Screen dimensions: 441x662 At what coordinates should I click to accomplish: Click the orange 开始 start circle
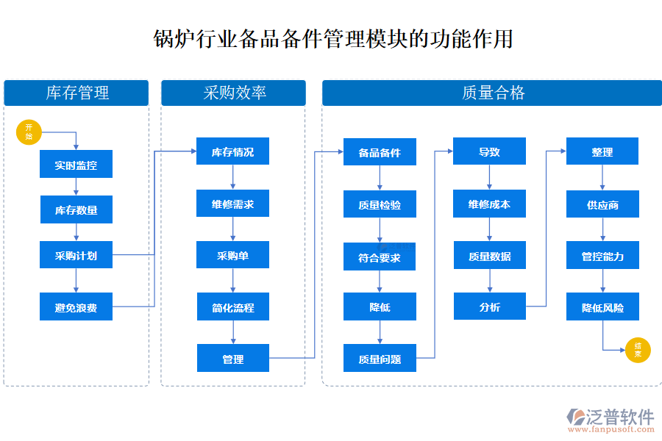pos(29,132)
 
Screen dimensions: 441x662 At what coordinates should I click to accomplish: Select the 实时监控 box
pos(76,165)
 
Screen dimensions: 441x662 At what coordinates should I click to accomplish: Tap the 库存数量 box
pos(76,210)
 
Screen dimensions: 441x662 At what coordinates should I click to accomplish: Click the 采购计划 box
pos(76,256)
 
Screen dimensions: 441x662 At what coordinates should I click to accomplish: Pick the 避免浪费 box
pos(76,307)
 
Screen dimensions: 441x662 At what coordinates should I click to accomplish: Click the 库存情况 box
pos(232,152)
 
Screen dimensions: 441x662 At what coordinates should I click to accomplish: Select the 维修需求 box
pos(232,204)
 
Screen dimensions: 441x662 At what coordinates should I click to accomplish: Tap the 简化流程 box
pos(232,307)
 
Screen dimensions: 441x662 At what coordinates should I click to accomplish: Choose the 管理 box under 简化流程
pos(232,359)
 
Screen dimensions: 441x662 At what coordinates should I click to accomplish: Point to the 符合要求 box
pos(380,257)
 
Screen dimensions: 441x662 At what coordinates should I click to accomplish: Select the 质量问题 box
pos(380,359)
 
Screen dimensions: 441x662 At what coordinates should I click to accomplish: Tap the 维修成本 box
pos(489,204)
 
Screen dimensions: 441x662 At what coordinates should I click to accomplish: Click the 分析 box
pos(489,306)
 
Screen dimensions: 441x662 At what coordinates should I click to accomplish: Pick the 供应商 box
pos(602,204)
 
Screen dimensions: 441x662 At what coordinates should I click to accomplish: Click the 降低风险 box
pos(602,307)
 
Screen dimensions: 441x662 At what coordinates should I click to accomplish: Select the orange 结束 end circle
pos(637,350)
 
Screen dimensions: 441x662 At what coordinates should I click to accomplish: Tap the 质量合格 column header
pos(491,93)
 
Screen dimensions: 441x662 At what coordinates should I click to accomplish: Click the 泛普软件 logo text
pos(619,416)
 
